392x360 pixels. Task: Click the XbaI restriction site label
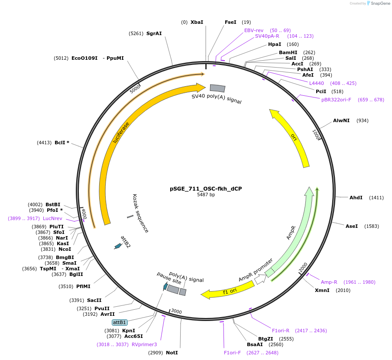tap(197, 22)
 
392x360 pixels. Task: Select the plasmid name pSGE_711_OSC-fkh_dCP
tap(206, 189)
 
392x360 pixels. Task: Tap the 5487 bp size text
tap(206, 195)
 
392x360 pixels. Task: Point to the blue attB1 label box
tap(120, 322)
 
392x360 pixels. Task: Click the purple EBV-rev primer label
tap(254, 30)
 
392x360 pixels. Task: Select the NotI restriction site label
tap(172, 353)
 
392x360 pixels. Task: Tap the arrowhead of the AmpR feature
tap(309, 192)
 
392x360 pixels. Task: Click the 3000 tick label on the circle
tap(176, 311)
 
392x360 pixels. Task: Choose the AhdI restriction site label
tap(356, 198)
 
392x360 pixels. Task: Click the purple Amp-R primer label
tap(329, 282)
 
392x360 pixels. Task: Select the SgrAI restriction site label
tap(154, 33)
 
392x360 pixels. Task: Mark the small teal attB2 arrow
tap(117, 246)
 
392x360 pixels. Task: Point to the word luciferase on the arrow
tap(121, 133)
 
